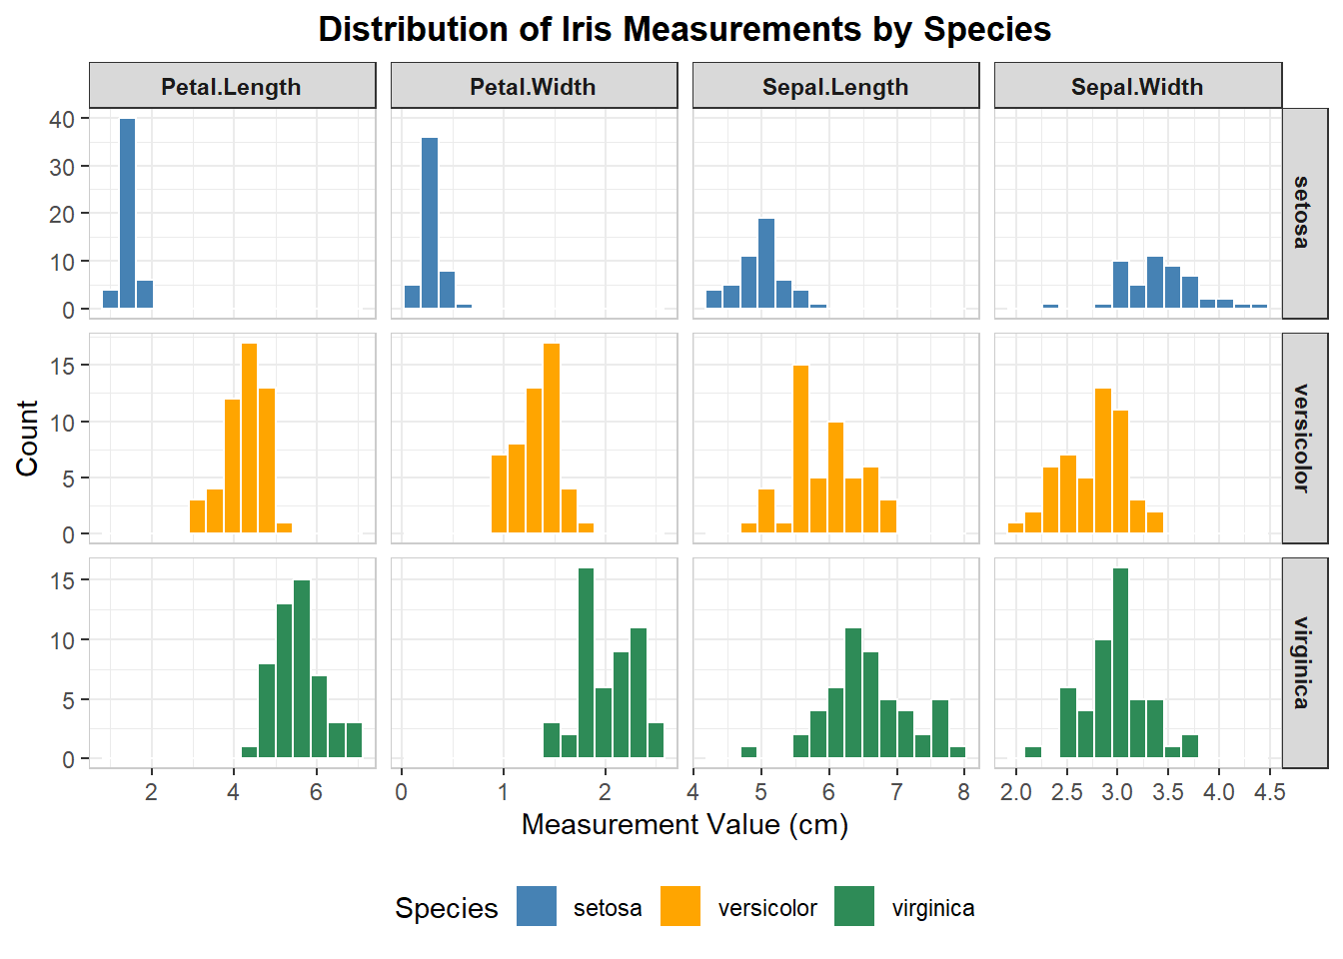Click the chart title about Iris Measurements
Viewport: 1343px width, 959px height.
[684, 29]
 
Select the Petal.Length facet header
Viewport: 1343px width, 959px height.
[232, 87]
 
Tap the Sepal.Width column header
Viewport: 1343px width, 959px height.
[1137, 87]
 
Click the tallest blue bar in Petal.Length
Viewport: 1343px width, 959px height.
[127, 213]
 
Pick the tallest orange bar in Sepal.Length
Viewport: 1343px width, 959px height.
[800, 449]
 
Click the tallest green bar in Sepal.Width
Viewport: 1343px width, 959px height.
[1120, 661]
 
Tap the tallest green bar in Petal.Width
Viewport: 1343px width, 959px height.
[587, 661]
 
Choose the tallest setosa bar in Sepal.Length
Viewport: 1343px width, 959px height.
[766, 263]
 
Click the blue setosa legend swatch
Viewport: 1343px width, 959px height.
[537, 907]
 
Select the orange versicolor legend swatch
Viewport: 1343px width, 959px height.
[680, 907]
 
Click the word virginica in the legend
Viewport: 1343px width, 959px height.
[932, 908]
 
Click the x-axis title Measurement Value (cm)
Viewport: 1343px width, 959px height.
[684, 825]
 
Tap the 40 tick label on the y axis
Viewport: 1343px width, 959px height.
[62, 119]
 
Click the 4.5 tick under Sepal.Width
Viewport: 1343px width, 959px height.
[1269, 792]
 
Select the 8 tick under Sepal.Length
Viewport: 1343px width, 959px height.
[963, 792]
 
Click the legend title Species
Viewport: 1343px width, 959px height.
[446, 908]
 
